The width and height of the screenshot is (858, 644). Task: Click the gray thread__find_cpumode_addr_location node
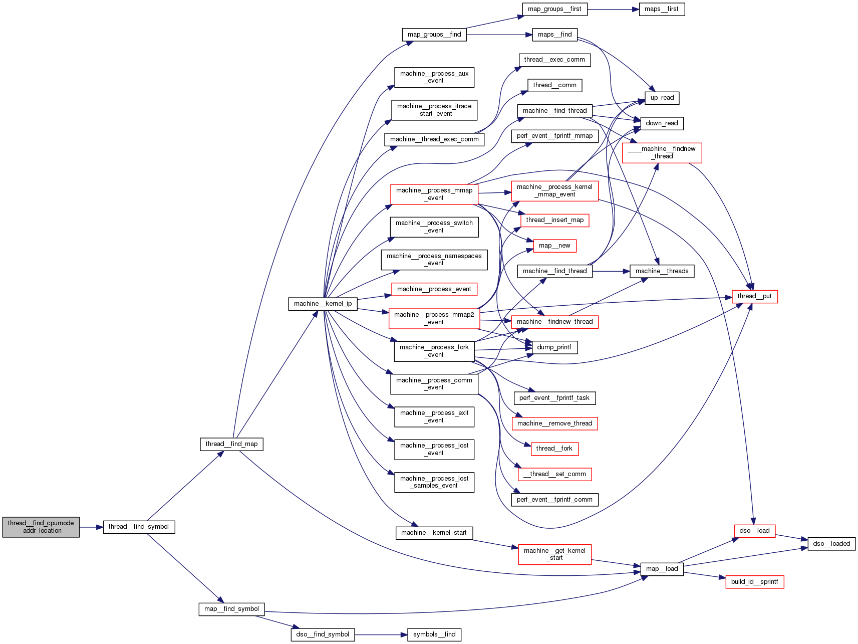click(x=41, y=527)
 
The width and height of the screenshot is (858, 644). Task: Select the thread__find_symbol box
click(x=139, y=527)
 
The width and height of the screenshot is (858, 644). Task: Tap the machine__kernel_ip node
click(x=323, y=304)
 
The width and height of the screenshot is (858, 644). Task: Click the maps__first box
click(x=661, y=9)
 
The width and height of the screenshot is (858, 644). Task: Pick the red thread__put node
click(x=754, y=296)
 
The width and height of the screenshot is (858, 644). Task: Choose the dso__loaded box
click(x=831, y=544)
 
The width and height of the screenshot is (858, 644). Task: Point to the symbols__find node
click(x=434, y=634)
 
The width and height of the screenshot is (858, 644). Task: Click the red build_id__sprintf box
click(x=754, y=582)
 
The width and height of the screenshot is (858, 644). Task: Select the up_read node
click(x=662, y=98)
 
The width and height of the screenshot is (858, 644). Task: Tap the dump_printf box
click(x=554, y=347)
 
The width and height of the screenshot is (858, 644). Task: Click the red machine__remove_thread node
click(x=554, y=423)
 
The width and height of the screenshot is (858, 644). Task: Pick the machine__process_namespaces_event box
click(x=434, y=260)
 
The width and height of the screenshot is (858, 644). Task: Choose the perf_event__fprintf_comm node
click(x=554, y=500)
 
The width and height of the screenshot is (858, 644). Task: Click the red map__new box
click(x=554, y=246)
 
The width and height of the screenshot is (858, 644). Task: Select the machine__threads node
click(x=662, y=271)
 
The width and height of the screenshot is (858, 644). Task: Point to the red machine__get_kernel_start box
click(x=554, y=554)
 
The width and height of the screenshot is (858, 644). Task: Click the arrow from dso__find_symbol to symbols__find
click(x=381, y=635)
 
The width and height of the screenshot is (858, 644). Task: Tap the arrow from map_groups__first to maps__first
click(x=613, y=10)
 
